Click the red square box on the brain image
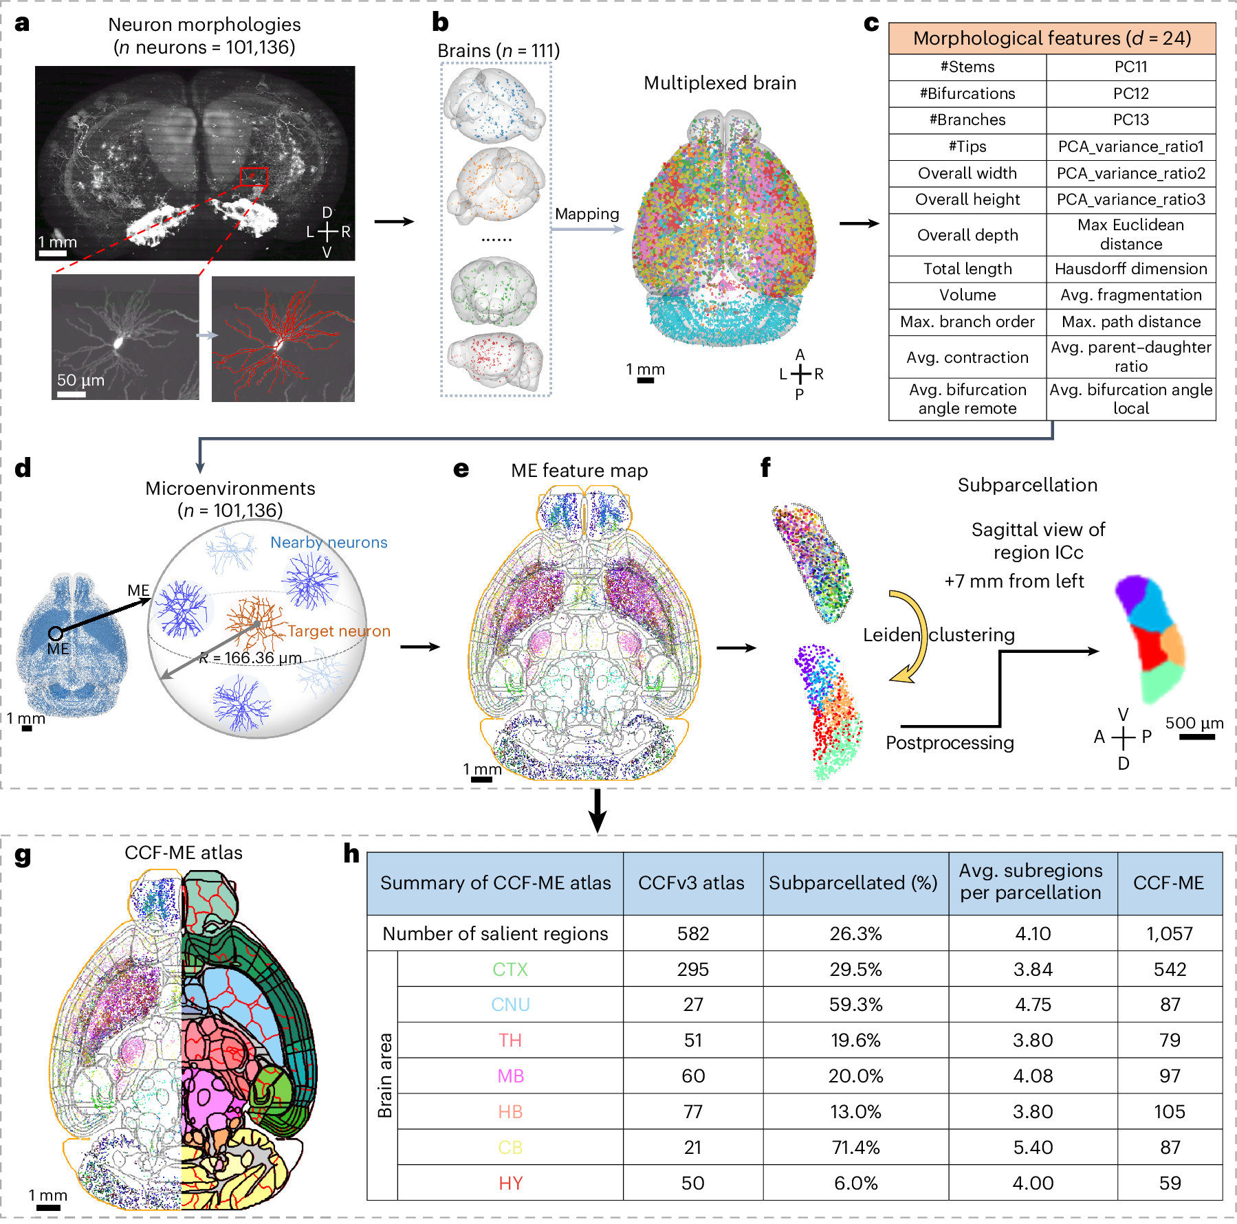click(254, 177)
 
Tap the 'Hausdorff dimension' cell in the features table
click(1130, 269)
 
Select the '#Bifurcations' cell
click(967, 93)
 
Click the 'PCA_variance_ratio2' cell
click(1130, 173)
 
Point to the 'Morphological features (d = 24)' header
click(1051, 38)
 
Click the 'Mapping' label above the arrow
click(587, 214)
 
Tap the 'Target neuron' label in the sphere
click(339, 631)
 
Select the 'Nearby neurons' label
click(329, 542)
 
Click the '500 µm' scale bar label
click(1194, 723)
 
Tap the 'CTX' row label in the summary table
click(510, 969)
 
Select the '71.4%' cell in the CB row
click(855, 1147)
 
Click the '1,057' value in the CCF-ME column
click(1170, 933)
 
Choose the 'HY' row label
click(510, 1183)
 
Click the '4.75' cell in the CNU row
click(1033, 1005)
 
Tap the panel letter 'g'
click(23, 856)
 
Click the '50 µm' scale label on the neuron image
click(80, 380)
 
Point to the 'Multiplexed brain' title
click(720, 83)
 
